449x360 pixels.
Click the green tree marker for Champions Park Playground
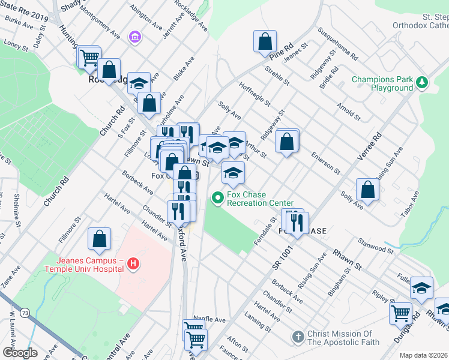(x=422, y=83)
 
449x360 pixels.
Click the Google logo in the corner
(x=19, y=352)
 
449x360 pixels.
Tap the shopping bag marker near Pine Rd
(x=265, y=42)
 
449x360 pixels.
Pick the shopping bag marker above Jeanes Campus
(x=100, y=238)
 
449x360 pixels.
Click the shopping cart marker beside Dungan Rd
(x=400, y=312)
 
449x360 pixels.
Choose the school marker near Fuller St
(x=421, y=288)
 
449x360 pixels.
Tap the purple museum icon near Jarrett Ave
(x=135, y=38)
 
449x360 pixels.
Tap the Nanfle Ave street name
(x=209, y=320)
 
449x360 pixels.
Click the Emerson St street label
(x=325, y=162)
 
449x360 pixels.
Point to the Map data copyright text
(x=423, y=355)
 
